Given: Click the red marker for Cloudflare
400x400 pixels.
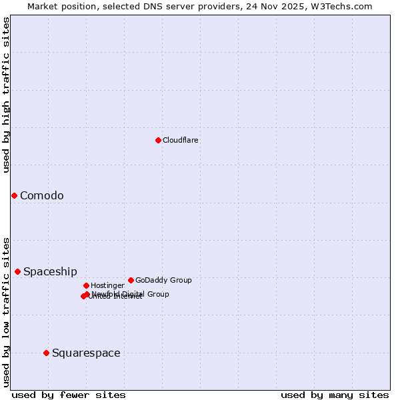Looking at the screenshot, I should click(x=158, y=140).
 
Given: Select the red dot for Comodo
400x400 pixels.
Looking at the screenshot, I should click(x=14, y=195).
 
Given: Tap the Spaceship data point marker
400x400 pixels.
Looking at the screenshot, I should click(x=17, y=271).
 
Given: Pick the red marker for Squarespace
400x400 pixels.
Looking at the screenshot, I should click(x=46, y=353).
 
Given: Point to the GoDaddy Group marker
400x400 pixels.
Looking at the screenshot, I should click(x=131, y=280).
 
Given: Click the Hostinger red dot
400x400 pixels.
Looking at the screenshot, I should click(x=86, y=285).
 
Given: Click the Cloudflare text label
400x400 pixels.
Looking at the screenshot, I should click(x=181, y=140).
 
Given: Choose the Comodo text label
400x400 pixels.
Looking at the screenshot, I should click(x=42, y=195).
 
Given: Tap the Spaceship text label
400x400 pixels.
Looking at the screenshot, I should click(x=50, y=271).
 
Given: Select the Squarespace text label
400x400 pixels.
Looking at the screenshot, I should click(x=86, y=353).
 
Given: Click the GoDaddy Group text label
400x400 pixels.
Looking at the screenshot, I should click(x=163, y=280).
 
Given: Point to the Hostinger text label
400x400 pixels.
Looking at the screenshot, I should click(x=107, y=285).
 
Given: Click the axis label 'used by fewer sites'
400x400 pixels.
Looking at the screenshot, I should click(x=69, y=395).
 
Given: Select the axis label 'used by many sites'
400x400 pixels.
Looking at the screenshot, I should click(x=335, y=395).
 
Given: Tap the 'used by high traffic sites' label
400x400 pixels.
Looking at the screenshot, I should click(x=7, y=95).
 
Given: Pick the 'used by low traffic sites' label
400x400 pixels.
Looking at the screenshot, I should click(x=7, y=311).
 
